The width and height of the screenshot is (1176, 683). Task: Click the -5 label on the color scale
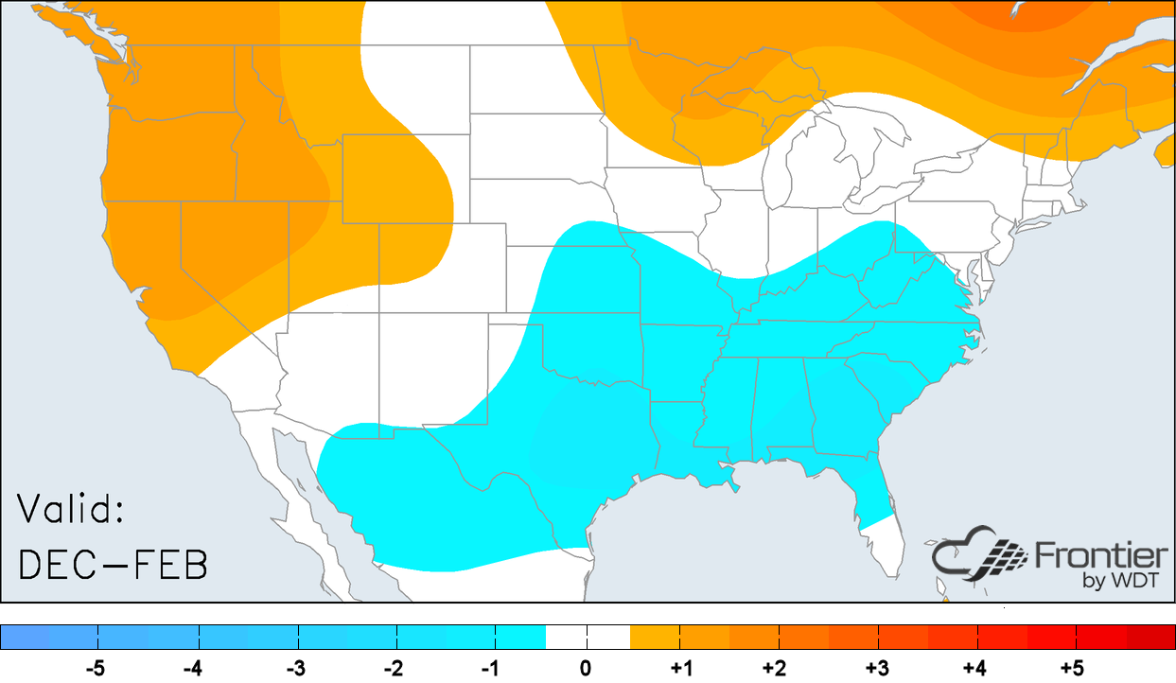[96, 669]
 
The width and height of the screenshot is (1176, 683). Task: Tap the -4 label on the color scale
[193, 669]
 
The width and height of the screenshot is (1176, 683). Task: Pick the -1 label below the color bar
[490, 669]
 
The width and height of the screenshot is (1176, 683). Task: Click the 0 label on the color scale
[587, 669]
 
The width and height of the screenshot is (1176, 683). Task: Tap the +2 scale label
[779, 669]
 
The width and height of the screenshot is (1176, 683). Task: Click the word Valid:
[71, 511]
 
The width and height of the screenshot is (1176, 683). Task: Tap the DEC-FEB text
[113, 565]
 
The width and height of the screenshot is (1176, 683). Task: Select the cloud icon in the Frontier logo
[974, 560]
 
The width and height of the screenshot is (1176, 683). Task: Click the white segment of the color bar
[587, 637]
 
